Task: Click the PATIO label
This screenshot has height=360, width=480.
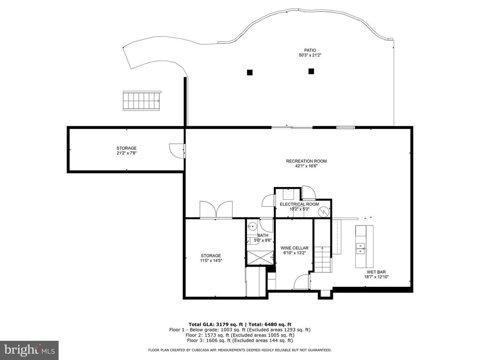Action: tap(310, 50)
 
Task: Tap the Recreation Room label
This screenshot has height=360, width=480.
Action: tap(306, 161)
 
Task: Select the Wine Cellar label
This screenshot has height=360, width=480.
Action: tap(294, 248)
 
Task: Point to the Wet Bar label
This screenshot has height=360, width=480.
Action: tap(376, 272)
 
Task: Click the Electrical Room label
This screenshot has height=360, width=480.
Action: tap(299, 204)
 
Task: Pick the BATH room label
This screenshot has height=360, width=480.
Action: tap(262, 235)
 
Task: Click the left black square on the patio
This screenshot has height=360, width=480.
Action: tap(250, 73)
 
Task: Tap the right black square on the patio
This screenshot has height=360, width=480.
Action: tap(311, 71)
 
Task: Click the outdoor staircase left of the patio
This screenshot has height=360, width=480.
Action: tap(142, 100)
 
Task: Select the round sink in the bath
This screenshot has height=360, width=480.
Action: tap(252, 226)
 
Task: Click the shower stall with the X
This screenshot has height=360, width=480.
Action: tap(261, 257)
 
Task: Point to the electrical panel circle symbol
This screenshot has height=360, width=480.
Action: tap(323, 211)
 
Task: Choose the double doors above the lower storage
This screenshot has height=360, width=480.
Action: tap(216, 210)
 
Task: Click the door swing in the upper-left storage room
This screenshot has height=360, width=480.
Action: tap(177, 150)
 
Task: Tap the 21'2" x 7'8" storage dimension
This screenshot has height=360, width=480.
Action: tap(127, 153)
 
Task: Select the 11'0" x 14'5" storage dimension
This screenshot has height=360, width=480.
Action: tap(211, 261)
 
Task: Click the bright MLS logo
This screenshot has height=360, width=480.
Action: tap(29, 350)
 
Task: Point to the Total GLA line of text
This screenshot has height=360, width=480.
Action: tap(240, 324)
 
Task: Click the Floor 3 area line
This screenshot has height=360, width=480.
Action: tap(240, 340)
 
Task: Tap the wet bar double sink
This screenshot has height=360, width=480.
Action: tap(360, 248)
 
